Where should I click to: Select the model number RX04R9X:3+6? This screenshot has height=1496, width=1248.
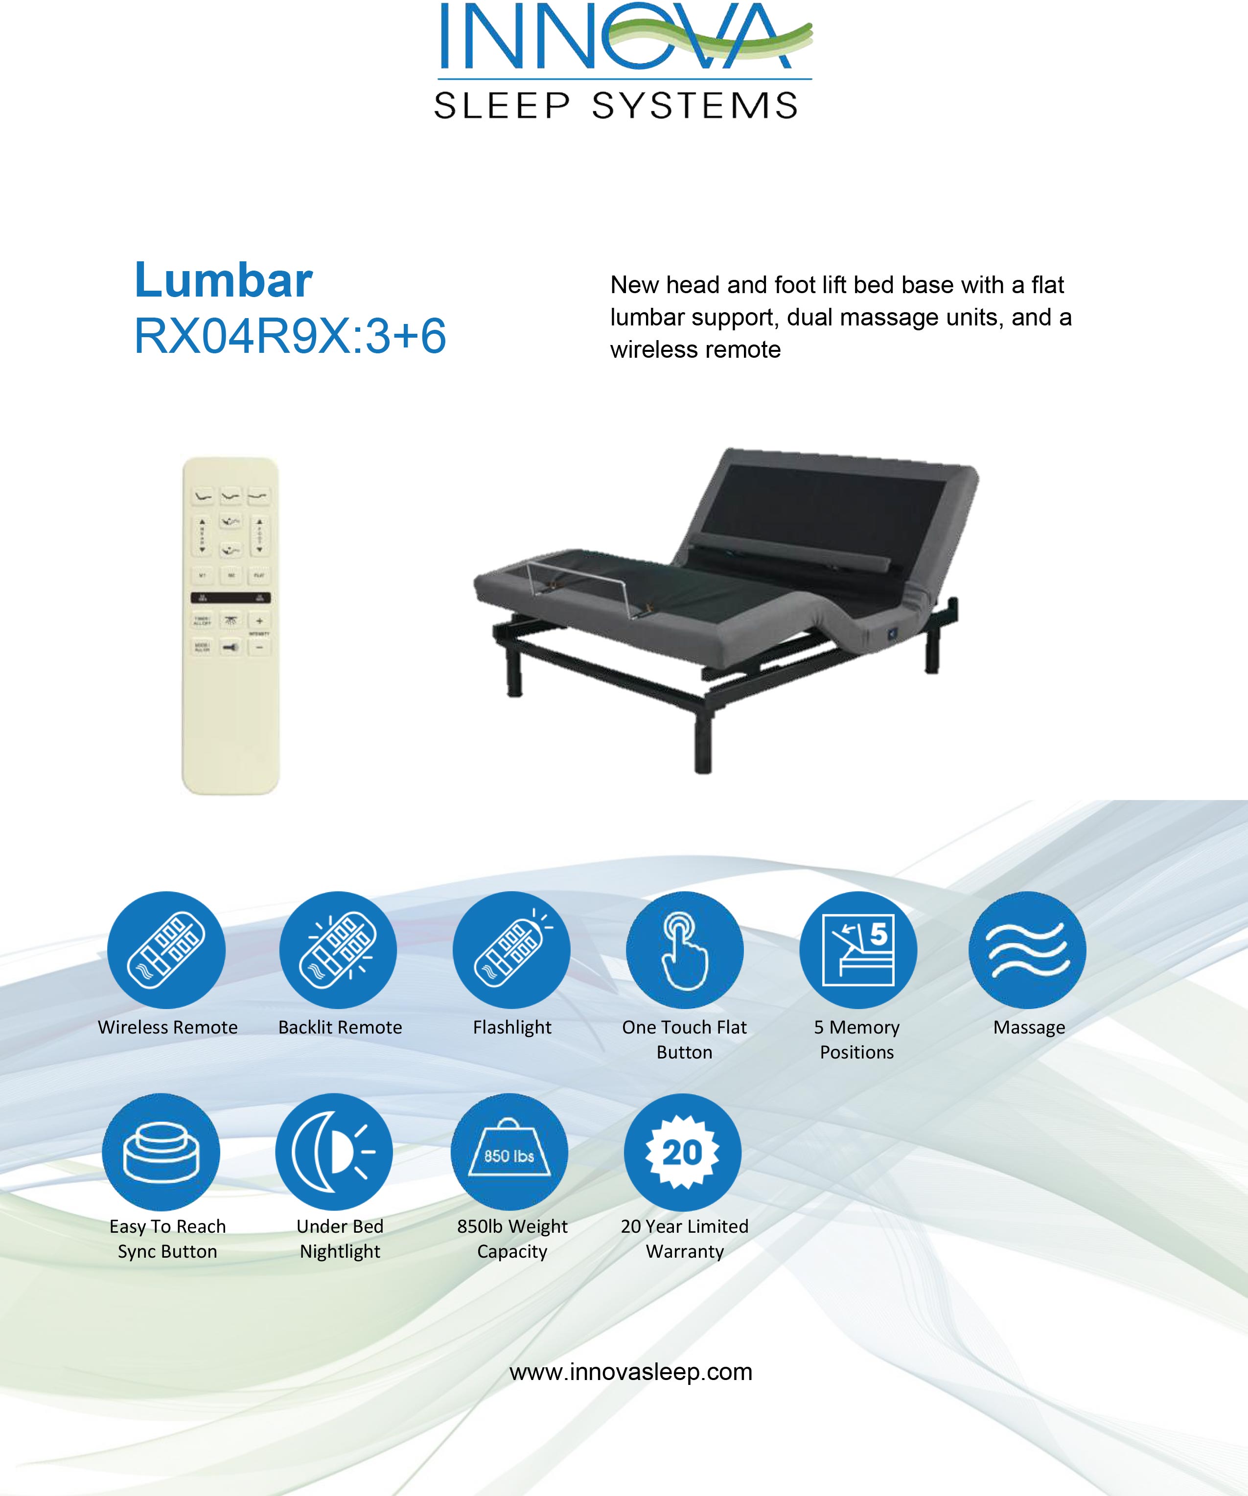[x=290, y=336]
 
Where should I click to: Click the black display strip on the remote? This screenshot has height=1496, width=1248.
[x=230, y=598]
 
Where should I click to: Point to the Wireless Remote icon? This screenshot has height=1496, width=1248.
[x=166, y=949]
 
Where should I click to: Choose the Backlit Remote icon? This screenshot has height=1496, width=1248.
[x=338, y=949]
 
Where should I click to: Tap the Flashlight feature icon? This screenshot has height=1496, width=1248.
[x=511, y=949]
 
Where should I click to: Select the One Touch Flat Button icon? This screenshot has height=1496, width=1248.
[x=685, y=949]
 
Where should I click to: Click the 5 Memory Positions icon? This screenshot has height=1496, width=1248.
[x=857, y=949]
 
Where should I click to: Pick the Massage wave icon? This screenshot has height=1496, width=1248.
[x=1027, y=949]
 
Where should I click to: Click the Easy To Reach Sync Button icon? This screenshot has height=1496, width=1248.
[x=161, y=1152]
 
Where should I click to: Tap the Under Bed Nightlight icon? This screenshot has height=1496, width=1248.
[x=334, y=1152]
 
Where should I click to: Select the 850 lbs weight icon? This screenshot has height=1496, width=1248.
[x=509, y=1152]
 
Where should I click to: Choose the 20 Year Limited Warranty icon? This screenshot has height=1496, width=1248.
[x=682, y=1152]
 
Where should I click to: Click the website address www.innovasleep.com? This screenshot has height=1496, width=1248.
[x=630, y=1371]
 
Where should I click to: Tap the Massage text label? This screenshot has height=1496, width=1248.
[x=1029, y=1027]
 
